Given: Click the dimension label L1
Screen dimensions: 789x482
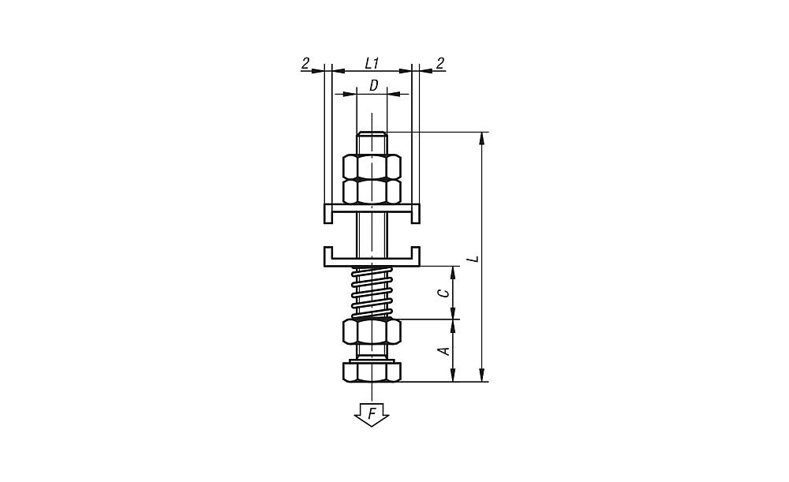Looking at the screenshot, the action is [372, 63].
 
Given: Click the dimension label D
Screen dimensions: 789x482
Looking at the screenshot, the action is [373, 85].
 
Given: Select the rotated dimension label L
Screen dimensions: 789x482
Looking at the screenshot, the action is [473, 259].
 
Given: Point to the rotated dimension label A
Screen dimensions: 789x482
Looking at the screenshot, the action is [445, 351].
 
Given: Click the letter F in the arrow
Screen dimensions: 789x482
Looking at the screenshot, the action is [372, 413].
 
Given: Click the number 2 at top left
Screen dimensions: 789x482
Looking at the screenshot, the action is [305, 63].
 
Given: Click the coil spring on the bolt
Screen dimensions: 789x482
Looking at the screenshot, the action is [372, 293].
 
